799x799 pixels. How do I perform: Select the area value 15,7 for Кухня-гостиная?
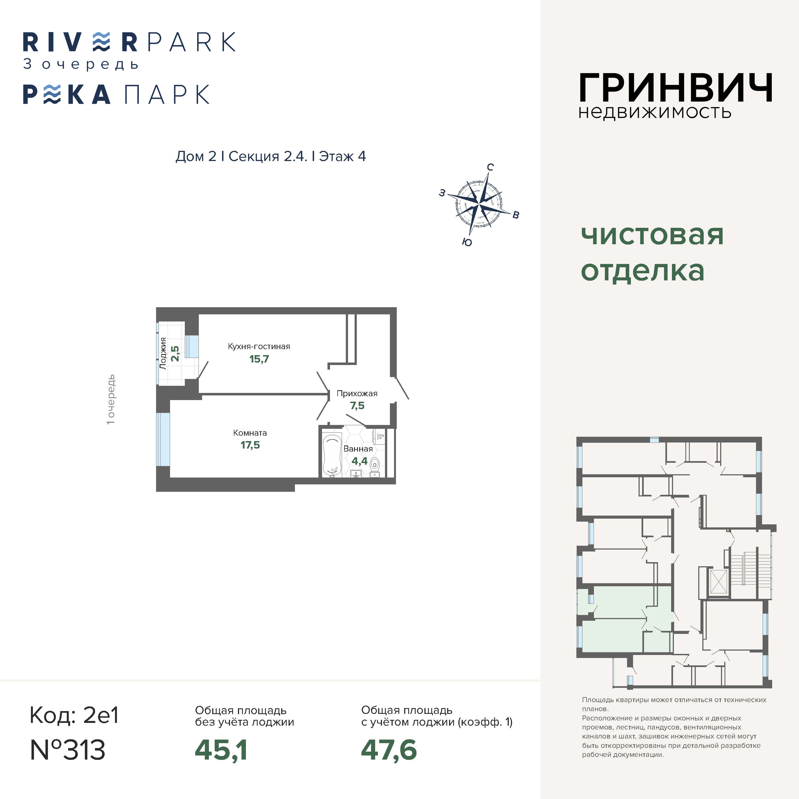[x=259, y=359]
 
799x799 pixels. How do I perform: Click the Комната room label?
[x=250, y=433]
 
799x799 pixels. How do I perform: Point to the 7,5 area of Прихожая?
[x=357, y=406]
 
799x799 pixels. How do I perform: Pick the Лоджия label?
[x=163, y=353]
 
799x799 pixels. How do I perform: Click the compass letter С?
[x=490, y=167]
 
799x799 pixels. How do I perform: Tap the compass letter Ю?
[x=467, y=242]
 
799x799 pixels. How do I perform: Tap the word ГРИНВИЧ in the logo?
[x=675, y=88]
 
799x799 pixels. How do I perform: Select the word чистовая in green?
[x=652, y=235]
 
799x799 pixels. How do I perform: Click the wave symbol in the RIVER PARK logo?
[x=101, y=42]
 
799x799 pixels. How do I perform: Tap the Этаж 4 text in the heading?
[x=343, y=156]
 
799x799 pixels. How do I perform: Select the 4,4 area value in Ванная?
[x=359, y=461]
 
